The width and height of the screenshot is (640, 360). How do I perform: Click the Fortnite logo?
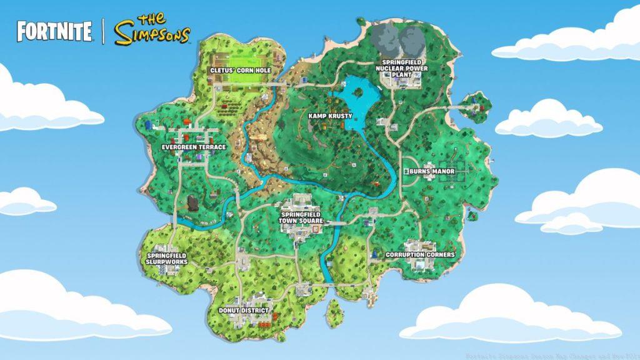pos(54,31)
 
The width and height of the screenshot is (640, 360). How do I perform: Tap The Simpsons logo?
pos(152,30)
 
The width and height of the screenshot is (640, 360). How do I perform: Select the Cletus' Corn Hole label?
pos(241,71)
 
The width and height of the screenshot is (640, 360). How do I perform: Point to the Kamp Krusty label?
pos(330,116)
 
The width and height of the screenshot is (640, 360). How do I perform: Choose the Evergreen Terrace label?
pos(194,147)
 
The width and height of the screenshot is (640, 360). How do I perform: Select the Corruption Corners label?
pos(420,255)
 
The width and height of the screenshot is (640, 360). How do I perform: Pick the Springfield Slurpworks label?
pos(167,259)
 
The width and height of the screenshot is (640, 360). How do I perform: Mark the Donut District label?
pos(244,310)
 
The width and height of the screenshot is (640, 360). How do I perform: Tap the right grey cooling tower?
pos(412,37)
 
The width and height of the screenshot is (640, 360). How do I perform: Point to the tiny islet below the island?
pos(334,309)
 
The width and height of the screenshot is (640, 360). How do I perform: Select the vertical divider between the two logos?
pos(103,31)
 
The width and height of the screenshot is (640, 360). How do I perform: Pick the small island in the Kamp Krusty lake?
pos(359,92)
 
